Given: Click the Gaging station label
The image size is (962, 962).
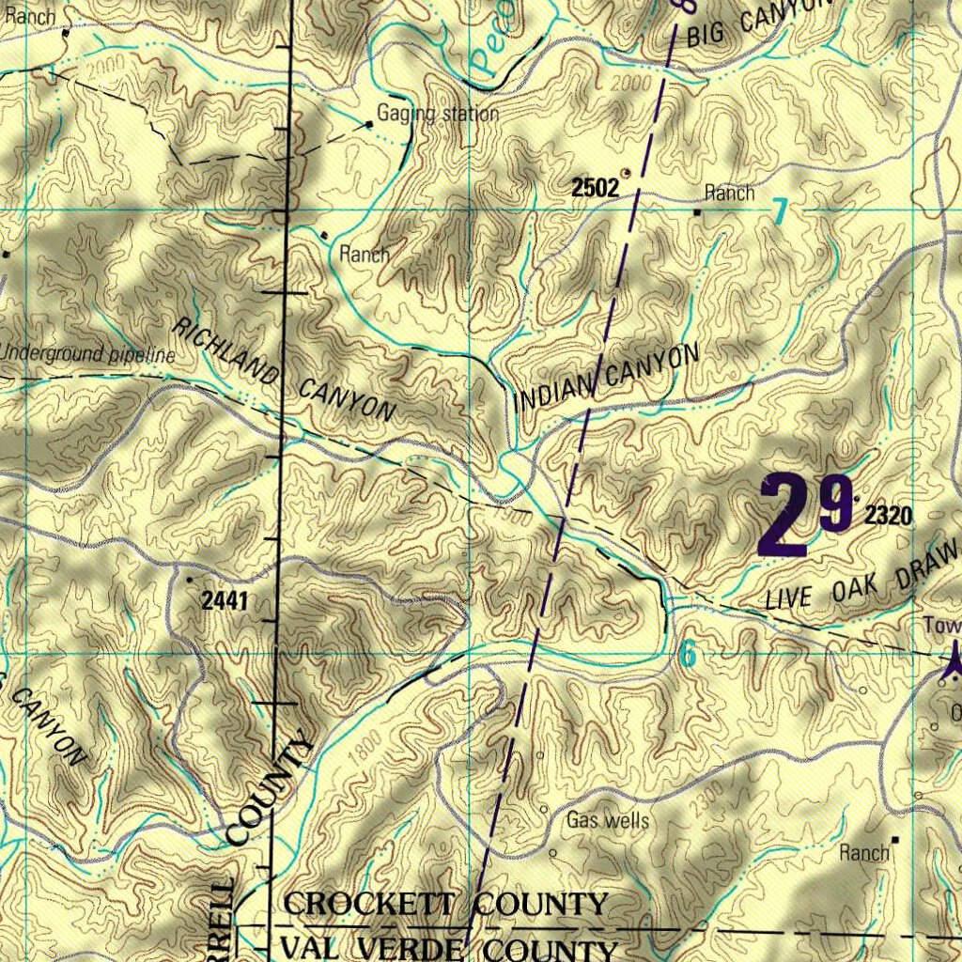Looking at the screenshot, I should coord(438,115).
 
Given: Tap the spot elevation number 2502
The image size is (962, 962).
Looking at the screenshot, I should coord(596,188).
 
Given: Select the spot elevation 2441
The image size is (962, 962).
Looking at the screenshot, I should coord(225,601).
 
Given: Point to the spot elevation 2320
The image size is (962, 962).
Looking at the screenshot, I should coord(889,515).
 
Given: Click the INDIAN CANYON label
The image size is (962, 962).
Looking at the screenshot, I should coord(607,380).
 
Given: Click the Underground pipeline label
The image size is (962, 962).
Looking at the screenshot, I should coord(88,355).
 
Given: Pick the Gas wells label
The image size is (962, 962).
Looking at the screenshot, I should coord(608,821).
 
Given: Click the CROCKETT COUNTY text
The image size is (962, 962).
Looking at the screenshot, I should coord(445,905).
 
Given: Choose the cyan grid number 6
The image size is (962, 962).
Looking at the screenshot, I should coord(689,655).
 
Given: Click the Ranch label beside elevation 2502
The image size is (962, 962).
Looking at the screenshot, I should coord(730,194).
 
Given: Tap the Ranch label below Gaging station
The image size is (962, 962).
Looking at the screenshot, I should coord(365,254).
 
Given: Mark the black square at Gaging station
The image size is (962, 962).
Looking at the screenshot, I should coord(370,123).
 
